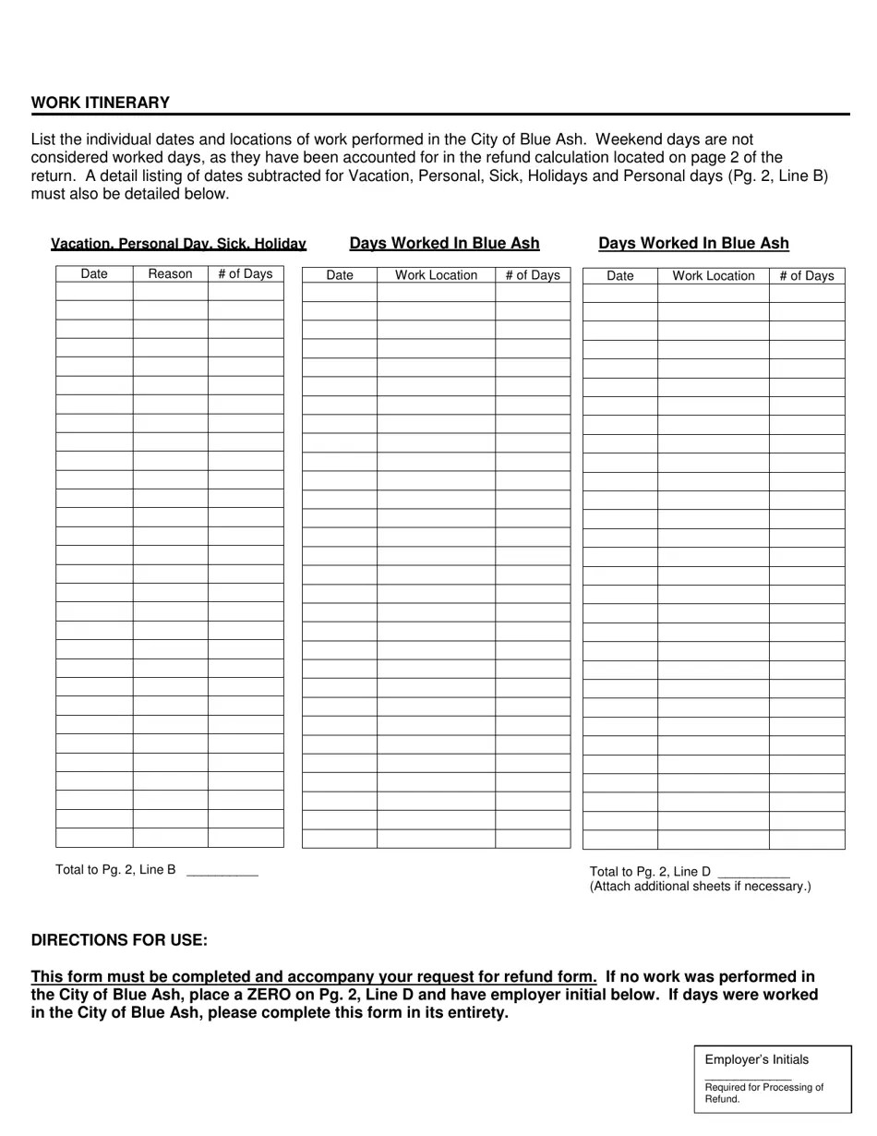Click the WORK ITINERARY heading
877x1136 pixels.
pos(101,103)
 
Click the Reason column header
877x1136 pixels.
pos(170,273)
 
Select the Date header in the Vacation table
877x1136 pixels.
pos(94,273)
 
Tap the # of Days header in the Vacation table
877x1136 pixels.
pos(246,273)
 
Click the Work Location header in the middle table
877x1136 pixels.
pos(436,275)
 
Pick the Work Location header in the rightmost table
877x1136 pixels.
pos(713,275)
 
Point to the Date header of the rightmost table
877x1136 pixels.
pos(620,275)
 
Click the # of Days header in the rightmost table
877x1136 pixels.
pos(806,275)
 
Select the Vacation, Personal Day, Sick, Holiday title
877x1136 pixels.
pos(178,244)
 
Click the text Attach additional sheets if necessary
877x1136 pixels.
pos(700,887)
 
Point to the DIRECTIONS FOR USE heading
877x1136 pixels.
pos(119,940)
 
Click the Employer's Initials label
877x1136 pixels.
pos(756,1059)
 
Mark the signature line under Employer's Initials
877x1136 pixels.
pos(748,1078)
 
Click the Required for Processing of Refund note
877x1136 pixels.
pos(763,1093)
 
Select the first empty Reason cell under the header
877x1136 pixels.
pos(170,292)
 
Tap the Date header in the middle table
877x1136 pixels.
pos(340,275)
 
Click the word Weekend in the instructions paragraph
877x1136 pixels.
pos(627,139)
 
